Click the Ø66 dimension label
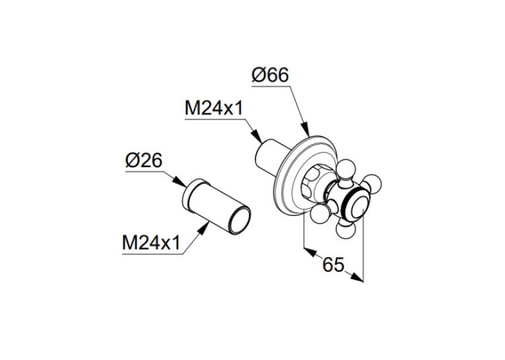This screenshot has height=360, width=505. (x=270, y=75)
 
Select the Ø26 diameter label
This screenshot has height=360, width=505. (x=144, y=161)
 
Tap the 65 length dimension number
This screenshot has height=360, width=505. (x=333, y=265)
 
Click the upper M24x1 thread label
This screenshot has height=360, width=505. (x=213, y=108)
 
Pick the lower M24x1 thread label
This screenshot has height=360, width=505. (x=151, y=242)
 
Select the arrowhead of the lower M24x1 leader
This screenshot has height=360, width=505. (x=203, y=229)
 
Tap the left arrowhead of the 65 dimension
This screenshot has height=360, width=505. (x=310, y=252)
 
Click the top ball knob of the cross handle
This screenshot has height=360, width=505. (x=345, y=168)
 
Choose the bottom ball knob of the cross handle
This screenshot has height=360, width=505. (x=345, y=229)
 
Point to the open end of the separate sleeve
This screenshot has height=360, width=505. (x=240, y=220)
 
